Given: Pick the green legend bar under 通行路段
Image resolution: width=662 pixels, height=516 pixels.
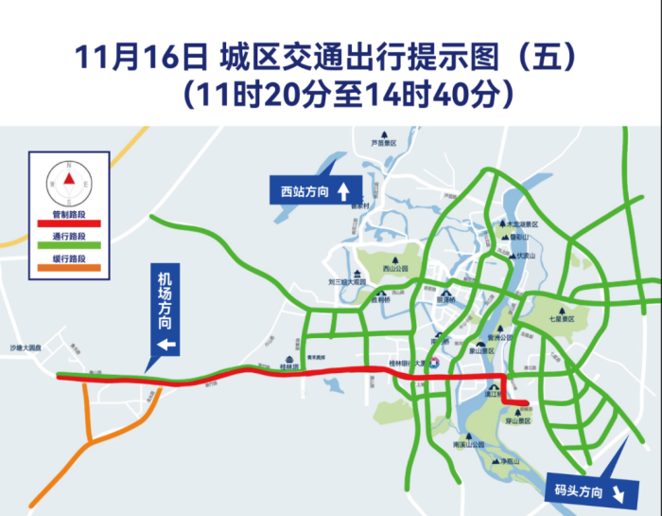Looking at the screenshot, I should pyautogui.click(x=68, y=245).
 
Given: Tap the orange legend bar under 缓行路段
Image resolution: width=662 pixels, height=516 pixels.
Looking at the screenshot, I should pyautogui.click(x=68, y=268).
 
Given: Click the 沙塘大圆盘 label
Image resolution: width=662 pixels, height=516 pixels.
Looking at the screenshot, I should pyautogui.click(x=27, y=348).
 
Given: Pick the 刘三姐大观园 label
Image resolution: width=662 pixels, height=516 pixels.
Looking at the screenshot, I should pyautogui.click(x=346, y=281).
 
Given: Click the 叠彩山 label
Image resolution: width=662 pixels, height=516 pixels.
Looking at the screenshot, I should pyautogui.click(x=521, y=240).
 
